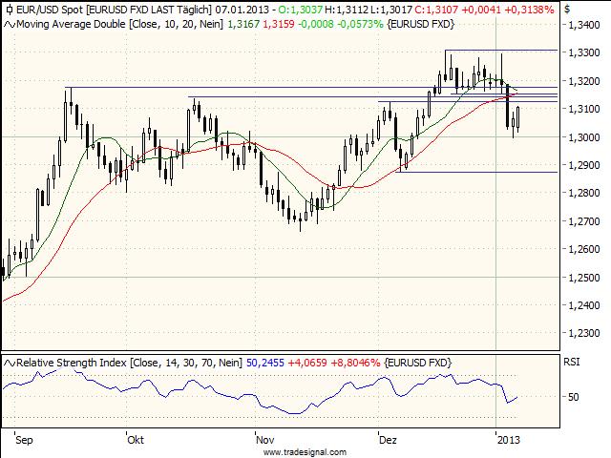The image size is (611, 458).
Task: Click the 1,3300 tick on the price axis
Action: click(x=581, y=53)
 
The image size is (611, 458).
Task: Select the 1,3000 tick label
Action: click(x=581, y=137)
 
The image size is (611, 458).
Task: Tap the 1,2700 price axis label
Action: click(x=581, y=221)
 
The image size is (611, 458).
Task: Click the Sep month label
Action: click(x=25, y=441)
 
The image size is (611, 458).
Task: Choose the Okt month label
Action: click(x=135, y=441)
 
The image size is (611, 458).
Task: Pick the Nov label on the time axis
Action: click(x=266, y=441)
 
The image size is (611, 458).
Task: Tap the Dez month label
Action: click(x=388, y=441)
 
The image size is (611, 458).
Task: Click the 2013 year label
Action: click(x=508, y=441)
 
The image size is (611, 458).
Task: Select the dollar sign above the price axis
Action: click(x=568, y=8)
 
